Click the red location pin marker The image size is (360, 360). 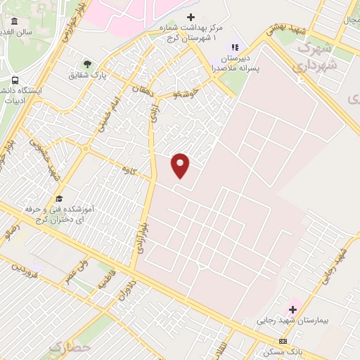[x=181, y=165]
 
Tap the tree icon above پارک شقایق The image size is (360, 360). [x=87, y=64]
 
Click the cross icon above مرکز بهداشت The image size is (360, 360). [x=191, y=17]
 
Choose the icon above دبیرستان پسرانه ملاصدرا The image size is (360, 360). [x=235, y=47]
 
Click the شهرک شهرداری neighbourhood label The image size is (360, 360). [x=317, y=56]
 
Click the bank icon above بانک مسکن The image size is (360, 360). [x=283, y=340]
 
